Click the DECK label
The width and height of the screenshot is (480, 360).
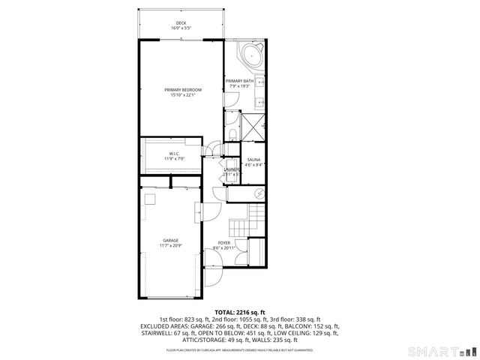[181, 23]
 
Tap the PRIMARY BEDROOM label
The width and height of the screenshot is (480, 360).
[181, 90]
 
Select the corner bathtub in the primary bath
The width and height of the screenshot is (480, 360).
[250, 57]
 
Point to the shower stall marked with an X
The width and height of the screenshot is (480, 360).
[251, 126]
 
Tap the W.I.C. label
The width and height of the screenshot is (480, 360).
[172, 154]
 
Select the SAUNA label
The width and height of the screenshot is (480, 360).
[253, 160]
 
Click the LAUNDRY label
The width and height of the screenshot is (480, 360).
[232, 170]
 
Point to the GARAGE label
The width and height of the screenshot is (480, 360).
[171, 241]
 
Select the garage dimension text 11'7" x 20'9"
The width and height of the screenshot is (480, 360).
[171, 246]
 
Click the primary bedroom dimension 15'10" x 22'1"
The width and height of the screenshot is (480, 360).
[181, 95]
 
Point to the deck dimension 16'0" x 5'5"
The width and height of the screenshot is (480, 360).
[181, 28]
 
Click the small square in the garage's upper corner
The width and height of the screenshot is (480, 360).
[150, 198]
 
